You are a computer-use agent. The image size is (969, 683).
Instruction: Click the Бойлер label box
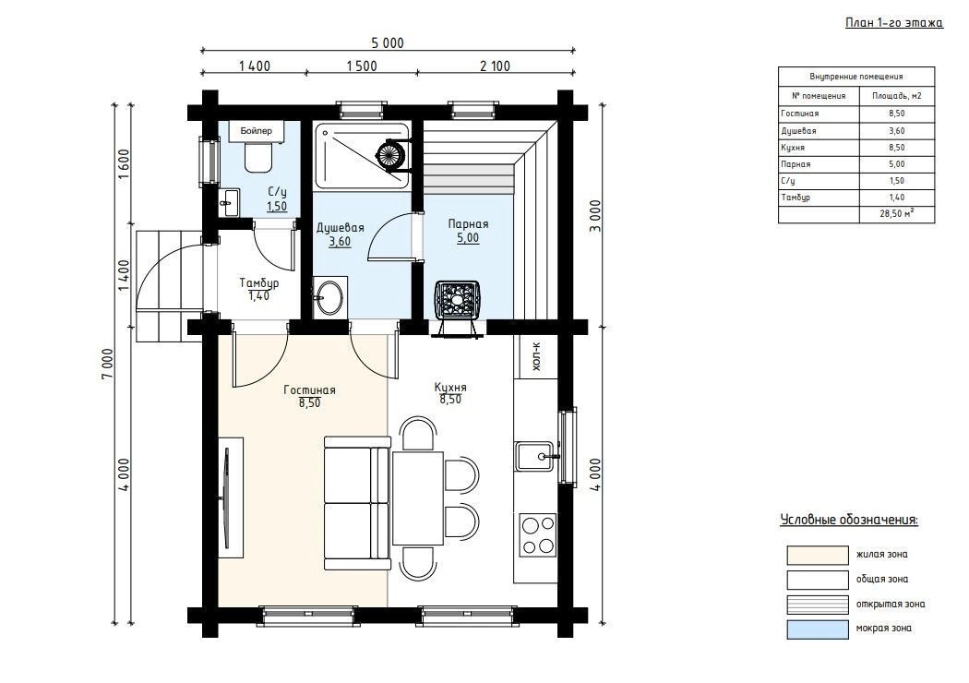click(x=256, y=131)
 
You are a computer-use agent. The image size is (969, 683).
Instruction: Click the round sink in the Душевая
click(x=330, y=298)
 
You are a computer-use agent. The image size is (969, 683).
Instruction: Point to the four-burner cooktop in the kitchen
click(x=538, y=534)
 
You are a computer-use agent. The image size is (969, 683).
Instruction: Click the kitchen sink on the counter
click(x=535, y=456)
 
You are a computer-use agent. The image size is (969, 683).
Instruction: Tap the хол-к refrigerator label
click(x=536, y=356)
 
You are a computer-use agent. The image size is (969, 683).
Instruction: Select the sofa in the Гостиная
click(x=357, y=503)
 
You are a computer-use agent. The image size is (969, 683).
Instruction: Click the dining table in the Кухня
click(x=418, y=498)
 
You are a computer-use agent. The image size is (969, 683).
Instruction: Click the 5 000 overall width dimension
click(x=388, y=42)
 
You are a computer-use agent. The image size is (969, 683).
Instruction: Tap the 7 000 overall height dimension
click(x=108, y=365)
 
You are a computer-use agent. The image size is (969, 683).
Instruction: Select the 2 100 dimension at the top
click(x=495, y=66)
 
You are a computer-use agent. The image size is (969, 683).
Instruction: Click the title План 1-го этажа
click(x=893, y=23)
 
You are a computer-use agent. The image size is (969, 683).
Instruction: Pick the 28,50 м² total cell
click(x=897, y=214)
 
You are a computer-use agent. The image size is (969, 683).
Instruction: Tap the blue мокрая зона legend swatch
click(x=817, y=629)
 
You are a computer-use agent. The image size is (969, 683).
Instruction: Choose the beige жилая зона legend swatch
click(x=817, y=555)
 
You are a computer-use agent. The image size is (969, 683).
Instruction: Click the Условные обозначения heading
click(x=849, y=520)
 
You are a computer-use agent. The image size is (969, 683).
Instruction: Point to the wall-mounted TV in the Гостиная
click(x=225, y=498)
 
